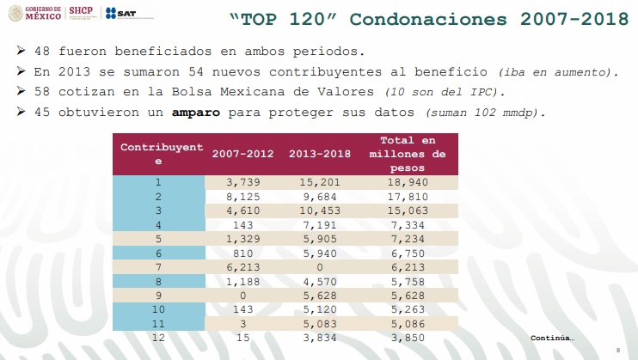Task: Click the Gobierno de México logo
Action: point(35,12)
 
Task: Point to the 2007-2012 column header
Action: point(243,154)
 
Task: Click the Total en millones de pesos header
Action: point(408,154)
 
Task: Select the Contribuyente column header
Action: point(158,154)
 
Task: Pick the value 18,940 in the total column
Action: point(408,182)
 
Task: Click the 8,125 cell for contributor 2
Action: point(243,197)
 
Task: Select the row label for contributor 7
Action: point(158,267)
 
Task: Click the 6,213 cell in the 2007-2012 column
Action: point(243,267)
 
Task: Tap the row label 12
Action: point(158,339)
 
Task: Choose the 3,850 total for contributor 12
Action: point(408,339)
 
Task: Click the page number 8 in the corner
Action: point(618,349)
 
